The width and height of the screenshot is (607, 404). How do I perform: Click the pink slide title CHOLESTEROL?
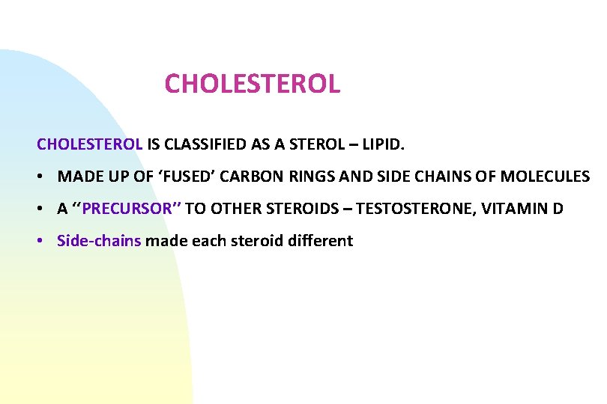[x=253, y=84]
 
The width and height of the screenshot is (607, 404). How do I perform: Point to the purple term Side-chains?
[x=99, y=241]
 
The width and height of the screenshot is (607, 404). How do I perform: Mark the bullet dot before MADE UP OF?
[x=44, y=177]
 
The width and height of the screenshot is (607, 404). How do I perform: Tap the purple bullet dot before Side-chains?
[x=44, y=242]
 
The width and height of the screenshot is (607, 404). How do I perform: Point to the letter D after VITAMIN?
[x=558, y=209]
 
